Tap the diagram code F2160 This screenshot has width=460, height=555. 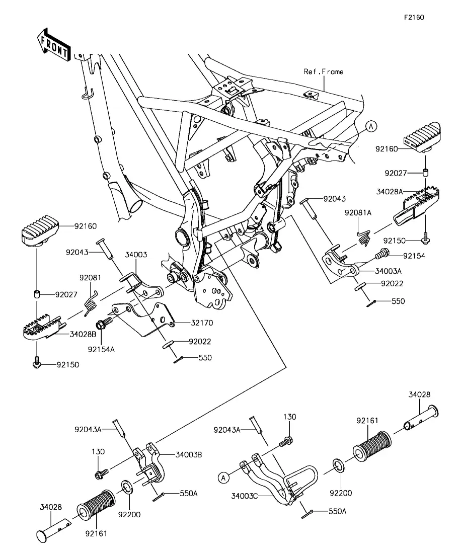click(414, 17)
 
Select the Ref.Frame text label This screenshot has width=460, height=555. click(323, 71)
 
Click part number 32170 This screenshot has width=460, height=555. click(202, 323)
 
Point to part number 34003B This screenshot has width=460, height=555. click(189, 454)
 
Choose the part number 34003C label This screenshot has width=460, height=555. click(244, 496)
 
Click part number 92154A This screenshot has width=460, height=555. click(101, 349)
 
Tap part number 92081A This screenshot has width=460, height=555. click(358, 213)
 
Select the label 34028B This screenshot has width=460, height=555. click(83, 334)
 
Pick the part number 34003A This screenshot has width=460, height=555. click(388, 271)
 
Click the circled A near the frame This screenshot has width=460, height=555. click(371, 126)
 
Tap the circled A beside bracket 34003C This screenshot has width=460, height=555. click(223, 478)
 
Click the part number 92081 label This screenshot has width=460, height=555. click(90, 278)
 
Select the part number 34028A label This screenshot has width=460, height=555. click(390, 192)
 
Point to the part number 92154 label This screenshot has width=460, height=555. click(414, 256)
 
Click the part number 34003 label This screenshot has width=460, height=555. click(136, 255)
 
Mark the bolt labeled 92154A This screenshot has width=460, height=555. click(105, 323)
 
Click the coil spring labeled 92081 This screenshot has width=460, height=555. click(91, 301)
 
